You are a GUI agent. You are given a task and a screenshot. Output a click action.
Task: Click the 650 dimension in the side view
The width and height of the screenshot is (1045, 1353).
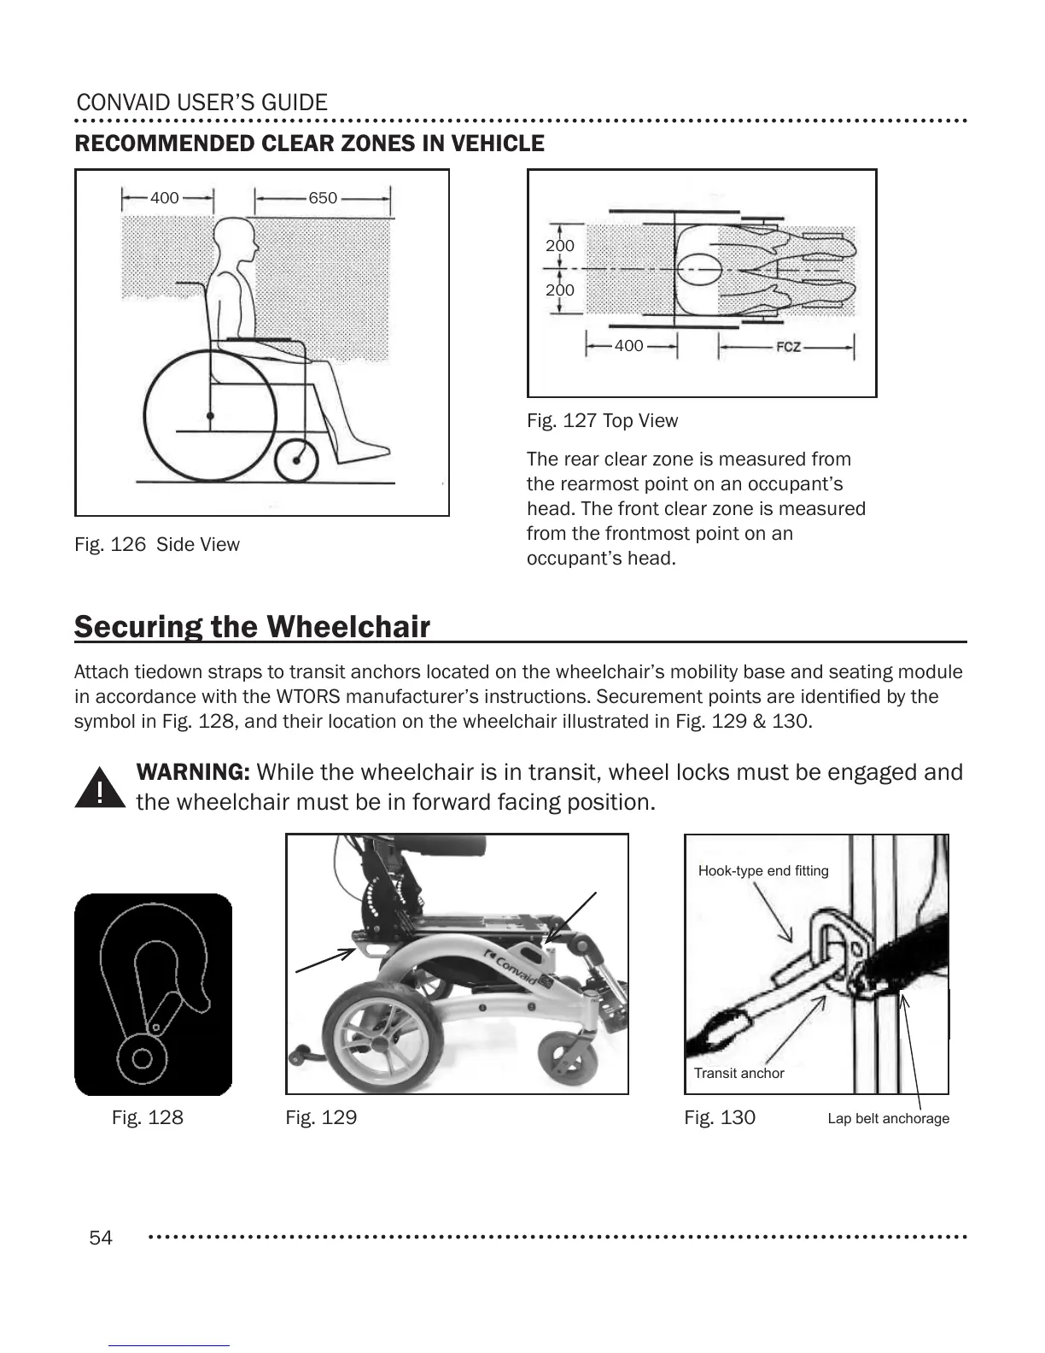click(323, 198)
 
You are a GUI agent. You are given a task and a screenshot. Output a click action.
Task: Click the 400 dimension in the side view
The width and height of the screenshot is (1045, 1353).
click(165, 198)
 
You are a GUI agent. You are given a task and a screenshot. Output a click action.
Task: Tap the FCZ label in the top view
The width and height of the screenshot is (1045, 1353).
click(788, 347)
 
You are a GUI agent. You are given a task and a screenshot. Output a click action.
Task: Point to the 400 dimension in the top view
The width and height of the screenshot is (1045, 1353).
click(629, 346)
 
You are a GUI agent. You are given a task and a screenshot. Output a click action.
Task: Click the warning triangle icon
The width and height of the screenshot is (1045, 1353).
click(100, 788)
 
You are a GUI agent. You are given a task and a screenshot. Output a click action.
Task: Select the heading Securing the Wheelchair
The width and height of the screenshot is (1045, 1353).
click(252, 626)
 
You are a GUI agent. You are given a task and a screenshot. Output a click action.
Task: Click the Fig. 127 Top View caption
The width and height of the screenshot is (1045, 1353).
click(602, 420)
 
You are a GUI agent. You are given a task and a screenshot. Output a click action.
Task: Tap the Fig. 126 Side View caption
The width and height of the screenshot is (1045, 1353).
click(157, 544)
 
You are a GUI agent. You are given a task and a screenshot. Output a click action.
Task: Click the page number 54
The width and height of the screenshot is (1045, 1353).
click(101, 1238)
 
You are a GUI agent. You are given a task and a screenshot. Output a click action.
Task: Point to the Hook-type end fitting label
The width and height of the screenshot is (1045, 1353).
click(763, 870)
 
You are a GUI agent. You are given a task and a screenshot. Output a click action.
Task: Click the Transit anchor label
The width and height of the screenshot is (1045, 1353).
click(739, 1073)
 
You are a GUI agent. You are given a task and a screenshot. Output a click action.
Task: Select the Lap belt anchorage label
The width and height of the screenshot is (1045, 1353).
click(888, 1118)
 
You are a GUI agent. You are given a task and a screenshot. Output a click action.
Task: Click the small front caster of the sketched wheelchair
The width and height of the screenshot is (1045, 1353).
click(296, 460)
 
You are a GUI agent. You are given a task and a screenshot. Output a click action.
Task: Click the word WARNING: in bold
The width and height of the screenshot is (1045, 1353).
click(193, 772)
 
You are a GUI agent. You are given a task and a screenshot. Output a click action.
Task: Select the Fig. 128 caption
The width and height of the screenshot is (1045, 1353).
click(148, 1117)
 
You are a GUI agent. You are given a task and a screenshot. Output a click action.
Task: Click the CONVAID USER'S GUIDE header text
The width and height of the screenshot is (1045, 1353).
click(202, 102)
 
